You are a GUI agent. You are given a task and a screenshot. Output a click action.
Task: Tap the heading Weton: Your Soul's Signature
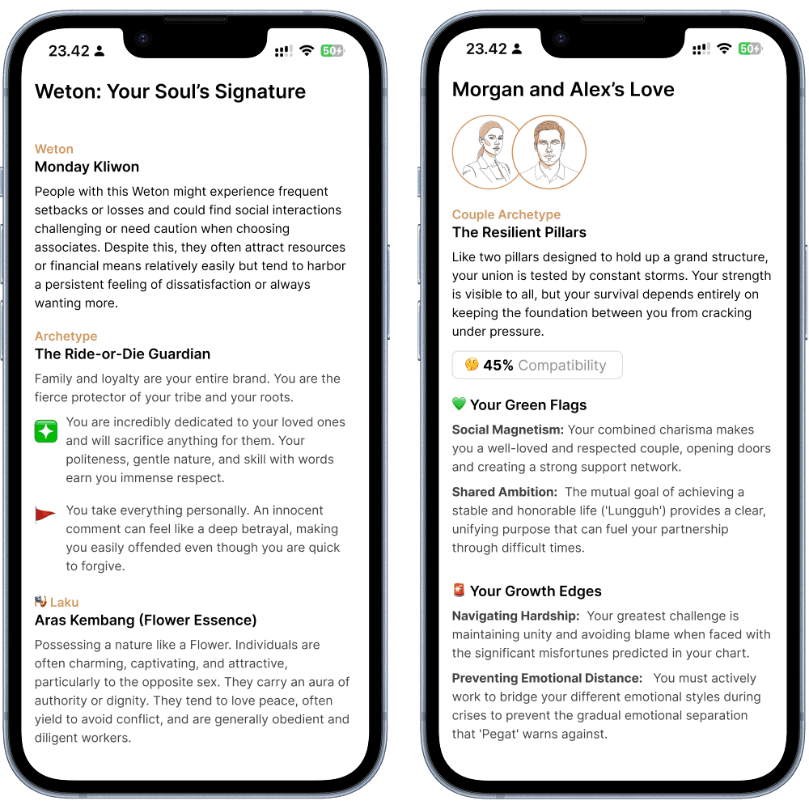pos(170,91)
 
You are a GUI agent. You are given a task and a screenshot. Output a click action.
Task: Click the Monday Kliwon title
pos(87,167)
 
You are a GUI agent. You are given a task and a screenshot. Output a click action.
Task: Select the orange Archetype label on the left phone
pos(66,336)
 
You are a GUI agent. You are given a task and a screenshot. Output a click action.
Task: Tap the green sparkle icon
pos(46,431)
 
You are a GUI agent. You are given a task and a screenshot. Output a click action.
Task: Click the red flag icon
pos(44,515)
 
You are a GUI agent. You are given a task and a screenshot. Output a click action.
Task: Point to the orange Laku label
pos(65,602)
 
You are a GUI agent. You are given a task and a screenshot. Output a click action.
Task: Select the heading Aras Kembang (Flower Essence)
pos(146,621)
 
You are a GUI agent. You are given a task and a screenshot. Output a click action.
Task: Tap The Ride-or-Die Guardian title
pos(122,354)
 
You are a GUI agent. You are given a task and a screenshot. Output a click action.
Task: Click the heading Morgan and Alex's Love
pos(563,89)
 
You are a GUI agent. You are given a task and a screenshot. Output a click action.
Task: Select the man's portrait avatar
pos(549,152)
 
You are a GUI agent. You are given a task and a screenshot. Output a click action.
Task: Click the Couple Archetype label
pos(506,214)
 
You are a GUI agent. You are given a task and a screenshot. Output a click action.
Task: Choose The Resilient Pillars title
pos(519,232)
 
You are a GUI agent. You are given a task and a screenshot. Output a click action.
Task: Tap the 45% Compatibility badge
pos(537,365)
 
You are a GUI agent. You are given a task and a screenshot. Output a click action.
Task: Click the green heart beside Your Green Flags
pos(459,404)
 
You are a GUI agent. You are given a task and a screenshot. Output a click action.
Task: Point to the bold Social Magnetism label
pos(508,430)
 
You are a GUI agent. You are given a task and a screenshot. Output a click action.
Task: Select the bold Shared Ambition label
pos(505,492)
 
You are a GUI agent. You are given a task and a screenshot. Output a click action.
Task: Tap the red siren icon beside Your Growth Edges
pos(459,590)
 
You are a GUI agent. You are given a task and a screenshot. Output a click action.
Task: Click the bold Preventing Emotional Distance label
pos(548,678)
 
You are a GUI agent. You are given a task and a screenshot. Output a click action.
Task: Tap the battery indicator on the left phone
pos(332,50)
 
